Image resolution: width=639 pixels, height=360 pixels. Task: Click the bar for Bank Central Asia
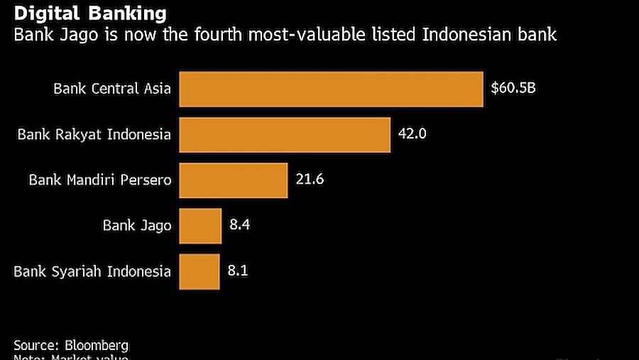pos(331,89)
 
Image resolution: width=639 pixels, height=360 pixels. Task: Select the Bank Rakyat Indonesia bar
pos(285,135)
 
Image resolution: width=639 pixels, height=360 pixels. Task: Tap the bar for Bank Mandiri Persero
pos(233,180)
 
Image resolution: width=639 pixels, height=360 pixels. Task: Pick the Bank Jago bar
pos(200,226)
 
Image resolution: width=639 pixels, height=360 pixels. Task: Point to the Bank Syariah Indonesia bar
pos(200,271)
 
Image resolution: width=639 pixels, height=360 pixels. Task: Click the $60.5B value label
pos(514,89)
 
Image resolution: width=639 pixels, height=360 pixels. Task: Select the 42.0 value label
pos(412,133)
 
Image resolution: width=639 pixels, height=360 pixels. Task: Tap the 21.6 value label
pos(310,180)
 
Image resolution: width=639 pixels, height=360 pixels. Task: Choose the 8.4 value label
pos(240,225)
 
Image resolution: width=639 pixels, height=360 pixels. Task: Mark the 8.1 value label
pos(239,271)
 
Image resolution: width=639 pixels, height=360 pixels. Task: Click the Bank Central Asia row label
pos(112,89)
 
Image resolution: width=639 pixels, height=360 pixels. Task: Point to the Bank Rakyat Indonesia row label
pos(94,134)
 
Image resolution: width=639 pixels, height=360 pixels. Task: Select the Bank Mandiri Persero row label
pos(100,180)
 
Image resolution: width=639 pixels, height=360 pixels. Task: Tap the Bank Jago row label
pos(137,226)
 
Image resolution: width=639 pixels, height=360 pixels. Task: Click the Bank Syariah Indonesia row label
pos(93,271)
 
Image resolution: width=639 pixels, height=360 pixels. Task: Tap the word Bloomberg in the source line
pos(97,345)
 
